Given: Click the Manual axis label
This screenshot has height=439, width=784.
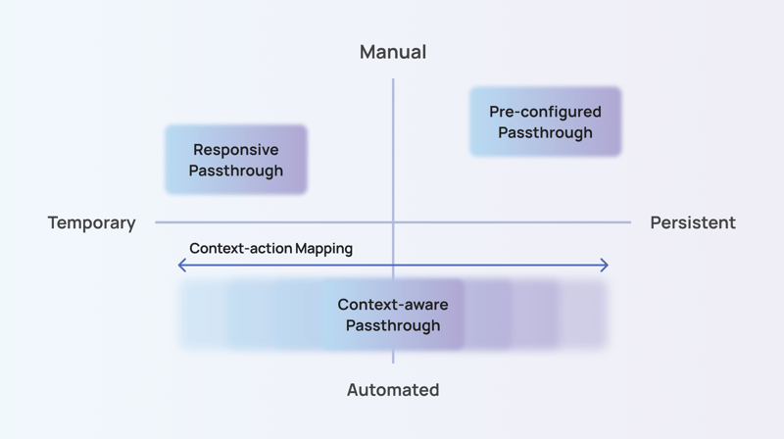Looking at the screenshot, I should point(393,52).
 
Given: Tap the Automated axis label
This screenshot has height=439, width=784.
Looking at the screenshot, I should point(393,390).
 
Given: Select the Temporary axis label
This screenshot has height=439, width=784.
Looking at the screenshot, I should point(91,222).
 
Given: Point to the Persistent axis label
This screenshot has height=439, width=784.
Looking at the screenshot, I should point(692,222).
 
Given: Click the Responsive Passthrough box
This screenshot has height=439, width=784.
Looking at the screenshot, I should point(236,160).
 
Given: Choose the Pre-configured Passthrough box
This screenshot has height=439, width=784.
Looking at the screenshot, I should point(545,122).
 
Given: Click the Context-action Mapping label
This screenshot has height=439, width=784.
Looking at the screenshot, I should point(270,249).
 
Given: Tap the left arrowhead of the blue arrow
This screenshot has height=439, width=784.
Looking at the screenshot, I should point(181,265).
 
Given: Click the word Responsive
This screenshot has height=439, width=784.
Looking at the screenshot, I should point(236,150).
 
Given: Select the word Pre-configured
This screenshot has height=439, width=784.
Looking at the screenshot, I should point(545,112).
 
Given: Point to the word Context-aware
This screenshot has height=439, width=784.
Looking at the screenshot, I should point(392,305).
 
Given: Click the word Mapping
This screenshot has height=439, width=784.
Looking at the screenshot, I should point(324,249).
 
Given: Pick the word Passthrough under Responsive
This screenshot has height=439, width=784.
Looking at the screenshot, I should point(236,171).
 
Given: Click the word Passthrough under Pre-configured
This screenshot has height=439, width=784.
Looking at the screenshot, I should point(545,132).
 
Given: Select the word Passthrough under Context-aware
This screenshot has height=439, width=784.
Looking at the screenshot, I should point(392,325).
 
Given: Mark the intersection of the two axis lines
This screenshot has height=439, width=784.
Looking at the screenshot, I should point(393,222).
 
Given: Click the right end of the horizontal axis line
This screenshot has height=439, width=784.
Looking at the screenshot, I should point(629,222).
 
